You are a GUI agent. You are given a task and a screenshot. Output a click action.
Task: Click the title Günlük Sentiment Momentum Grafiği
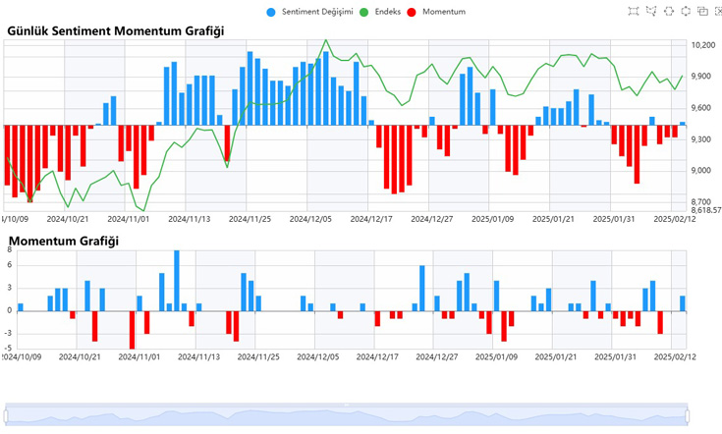[115, 30]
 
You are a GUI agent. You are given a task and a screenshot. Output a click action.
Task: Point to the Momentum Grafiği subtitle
[63, 241]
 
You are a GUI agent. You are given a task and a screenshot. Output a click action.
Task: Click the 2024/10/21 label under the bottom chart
[68, 357]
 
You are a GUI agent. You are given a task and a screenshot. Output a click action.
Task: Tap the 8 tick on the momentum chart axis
[9, 250]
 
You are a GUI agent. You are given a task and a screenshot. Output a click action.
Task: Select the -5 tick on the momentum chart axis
[7, 347]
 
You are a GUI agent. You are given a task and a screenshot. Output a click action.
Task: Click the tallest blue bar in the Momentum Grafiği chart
[177, 280]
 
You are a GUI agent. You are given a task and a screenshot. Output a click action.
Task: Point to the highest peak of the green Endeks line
[326, 41]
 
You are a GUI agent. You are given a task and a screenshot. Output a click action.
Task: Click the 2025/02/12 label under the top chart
[675, 220]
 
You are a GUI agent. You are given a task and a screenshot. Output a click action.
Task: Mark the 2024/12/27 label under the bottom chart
[433, 357]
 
